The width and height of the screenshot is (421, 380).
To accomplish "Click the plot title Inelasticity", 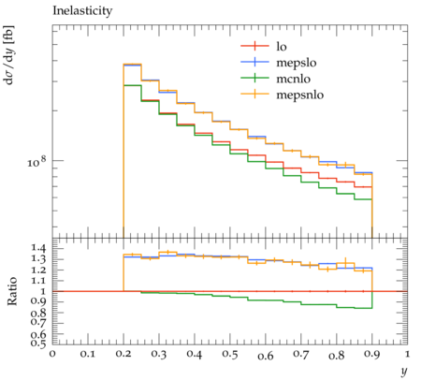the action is (82, 11).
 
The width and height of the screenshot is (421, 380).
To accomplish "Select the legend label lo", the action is (282, 47).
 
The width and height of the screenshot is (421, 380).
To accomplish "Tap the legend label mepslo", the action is (297, 63).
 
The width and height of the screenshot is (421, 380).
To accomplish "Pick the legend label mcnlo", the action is (294, 79).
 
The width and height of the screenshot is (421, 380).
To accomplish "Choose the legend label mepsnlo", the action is (300, 95).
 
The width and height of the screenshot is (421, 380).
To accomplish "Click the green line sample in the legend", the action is (254, 78).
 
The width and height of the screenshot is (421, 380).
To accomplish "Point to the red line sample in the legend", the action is (254, 46).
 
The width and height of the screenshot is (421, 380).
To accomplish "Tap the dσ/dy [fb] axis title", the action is (8, 55).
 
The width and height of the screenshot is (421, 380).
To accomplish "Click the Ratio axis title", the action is (12, 291).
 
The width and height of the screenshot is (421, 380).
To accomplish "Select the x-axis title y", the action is (404, 371).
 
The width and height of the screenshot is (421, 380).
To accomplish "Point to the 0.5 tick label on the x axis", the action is (230, 354).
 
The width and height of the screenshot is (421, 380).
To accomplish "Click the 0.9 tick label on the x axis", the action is (372, 354).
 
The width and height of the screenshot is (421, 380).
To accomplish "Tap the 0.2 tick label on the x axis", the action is (123, 354).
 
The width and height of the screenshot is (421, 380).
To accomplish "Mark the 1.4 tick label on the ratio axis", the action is (38, 248).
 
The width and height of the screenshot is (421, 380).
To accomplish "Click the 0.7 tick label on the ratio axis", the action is (38, 321).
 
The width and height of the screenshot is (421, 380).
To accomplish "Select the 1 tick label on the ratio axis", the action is (43, 291).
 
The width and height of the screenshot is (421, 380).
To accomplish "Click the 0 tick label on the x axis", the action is (52, 354).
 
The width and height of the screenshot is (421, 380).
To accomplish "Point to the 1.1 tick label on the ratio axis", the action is (38, 281).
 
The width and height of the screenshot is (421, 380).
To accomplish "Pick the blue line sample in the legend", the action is (254, 62).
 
